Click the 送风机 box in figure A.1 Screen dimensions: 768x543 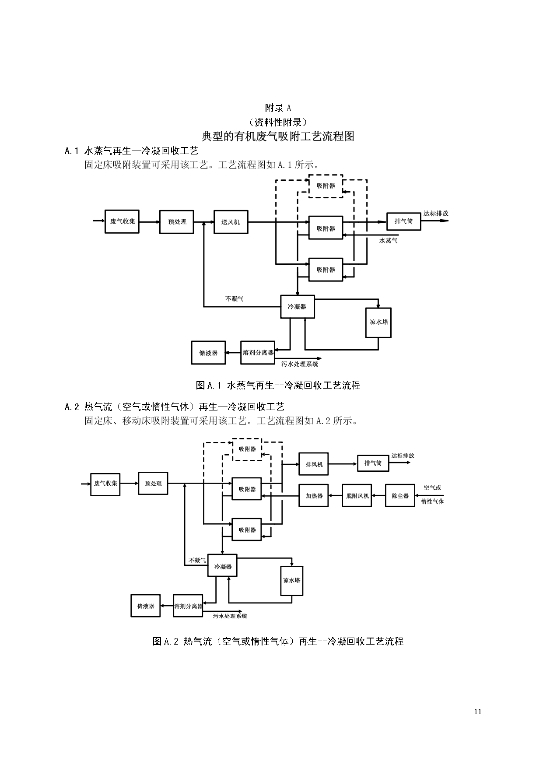point(231,222)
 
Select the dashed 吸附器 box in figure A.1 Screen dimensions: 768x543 point(326,186)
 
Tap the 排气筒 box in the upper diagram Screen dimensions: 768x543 point(403,221)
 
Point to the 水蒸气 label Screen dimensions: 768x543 point(388,240)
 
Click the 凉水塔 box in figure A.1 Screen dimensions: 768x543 point(378,322)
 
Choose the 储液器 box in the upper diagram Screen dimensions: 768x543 point(208,353)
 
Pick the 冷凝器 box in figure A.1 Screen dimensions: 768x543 point(297,307)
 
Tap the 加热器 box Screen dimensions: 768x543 point(314,496)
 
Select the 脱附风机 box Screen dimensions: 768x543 point(357,496)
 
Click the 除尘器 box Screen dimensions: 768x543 point(400,496)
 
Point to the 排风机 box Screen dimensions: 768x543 point(314,464)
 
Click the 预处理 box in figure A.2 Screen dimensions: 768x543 point(153,484)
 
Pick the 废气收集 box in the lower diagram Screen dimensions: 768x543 point(105,484)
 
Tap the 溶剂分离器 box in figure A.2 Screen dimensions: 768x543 point(188,606)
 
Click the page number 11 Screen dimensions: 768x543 point(477,712)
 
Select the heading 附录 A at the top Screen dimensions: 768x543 point(278,108)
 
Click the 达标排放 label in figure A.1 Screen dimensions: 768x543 point(435,214)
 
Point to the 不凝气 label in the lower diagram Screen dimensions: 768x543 point(197,560)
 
